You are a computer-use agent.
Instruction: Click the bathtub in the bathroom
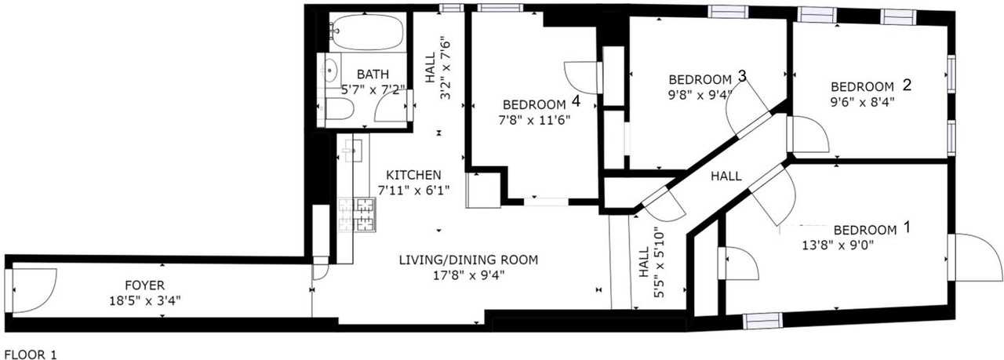pos(368,32)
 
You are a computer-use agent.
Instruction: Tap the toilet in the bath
pos(336,109)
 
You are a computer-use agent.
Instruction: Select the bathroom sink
pos(329,71)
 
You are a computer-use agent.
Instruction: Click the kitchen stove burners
pos(357,215)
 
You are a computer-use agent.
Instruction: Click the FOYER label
pos(145,285)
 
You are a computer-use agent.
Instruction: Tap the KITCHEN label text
pos(413,175)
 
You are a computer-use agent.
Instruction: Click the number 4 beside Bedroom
pos(576,101)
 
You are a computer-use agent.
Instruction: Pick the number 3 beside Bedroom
pos(742,76)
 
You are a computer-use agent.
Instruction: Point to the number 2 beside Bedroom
pos(907,85)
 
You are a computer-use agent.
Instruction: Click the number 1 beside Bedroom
pos(907,227)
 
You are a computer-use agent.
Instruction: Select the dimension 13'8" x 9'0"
pos(838,245)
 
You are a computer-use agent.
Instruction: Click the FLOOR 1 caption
pos(31,355)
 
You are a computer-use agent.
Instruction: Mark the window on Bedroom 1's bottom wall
pos(763,320)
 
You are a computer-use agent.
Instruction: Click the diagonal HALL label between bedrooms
pos(726,176)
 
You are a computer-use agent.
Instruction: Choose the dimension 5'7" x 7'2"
pos(373,89)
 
